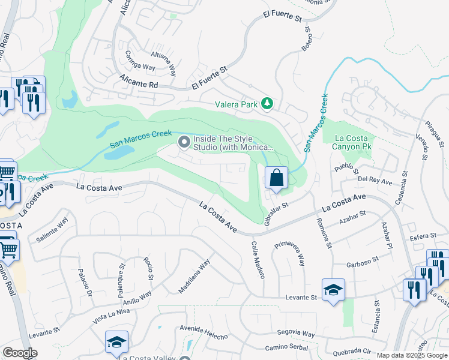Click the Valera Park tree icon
pos(267,104)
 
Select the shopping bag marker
pos(276,178)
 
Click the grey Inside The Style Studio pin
pos(184,142)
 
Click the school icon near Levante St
pos(333,290)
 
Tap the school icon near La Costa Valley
pos(116,342)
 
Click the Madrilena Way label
pos(194,277)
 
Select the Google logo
pos(19,353)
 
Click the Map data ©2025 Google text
pos(411,355)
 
